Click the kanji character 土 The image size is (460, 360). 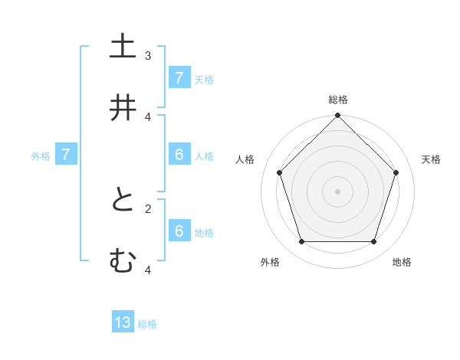(x=123, y=47)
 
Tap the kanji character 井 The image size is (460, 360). (x=123, y=108)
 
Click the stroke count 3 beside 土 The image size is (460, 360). (x=148, y=55)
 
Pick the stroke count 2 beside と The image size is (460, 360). (x=148, y=208)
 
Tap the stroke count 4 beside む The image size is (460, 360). (x=148, y=269)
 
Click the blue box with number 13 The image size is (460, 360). (x=123, y=322)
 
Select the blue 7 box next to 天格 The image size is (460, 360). (x=179, y=78)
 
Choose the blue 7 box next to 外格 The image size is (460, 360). (x=66, y=155)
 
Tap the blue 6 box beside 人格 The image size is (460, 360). (x=179, y=155)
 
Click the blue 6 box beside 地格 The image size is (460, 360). (x=179, y=231)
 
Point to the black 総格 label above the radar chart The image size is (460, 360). (x=338, y=100)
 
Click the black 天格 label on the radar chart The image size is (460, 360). (x=431, y=159)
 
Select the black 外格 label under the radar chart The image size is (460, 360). (x=270, y=262)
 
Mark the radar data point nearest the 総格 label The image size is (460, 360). (x=338, y=116)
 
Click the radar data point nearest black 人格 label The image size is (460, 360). (x=280, y=172)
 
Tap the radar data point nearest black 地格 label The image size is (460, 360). (x=373, y=242)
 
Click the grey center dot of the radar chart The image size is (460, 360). (x=338, y=191)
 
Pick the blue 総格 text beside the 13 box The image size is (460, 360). (x=147, y=324)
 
